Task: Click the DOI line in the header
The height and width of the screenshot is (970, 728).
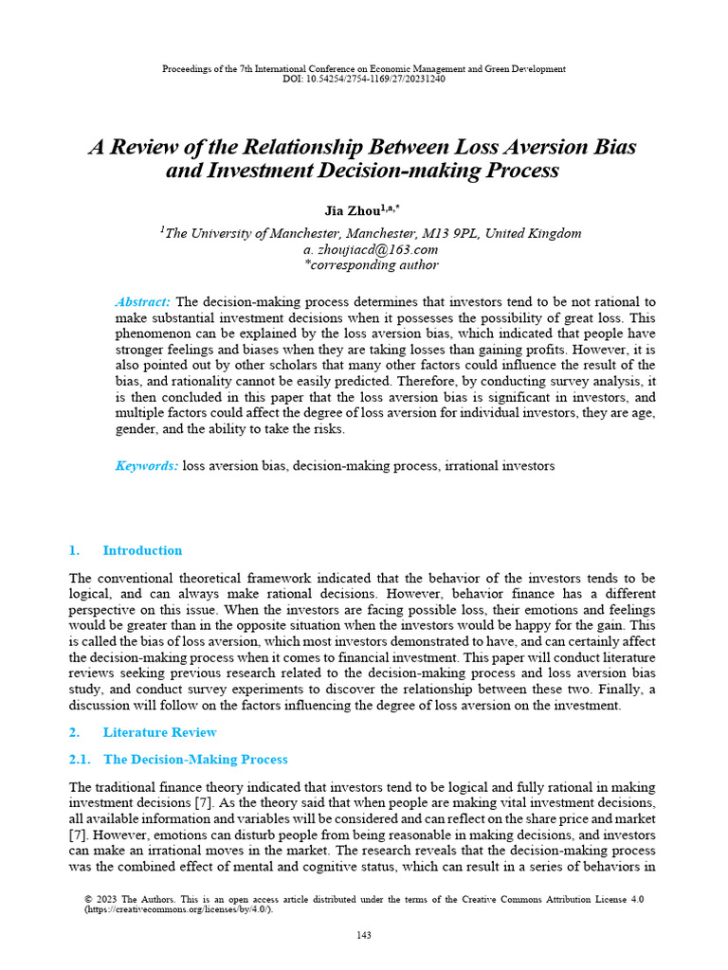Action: coord(363,79)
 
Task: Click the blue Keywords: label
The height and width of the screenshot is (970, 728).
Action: coord(146,466)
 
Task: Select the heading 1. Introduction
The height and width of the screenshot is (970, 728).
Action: coord(126,550)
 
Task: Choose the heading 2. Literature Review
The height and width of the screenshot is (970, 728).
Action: coord(143,732)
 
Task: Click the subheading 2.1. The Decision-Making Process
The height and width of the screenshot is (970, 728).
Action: coord(179,760)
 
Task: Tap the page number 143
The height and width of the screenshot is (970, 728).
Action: coord(364,935)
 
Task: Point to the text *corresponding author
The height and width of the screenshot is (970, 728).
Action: coord(364,265)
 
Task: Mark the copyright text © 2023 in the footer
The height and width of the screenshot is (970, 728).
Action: coord(102,899)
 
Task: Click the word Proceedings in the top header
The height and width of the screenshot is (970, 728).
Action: coord(189,69)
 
